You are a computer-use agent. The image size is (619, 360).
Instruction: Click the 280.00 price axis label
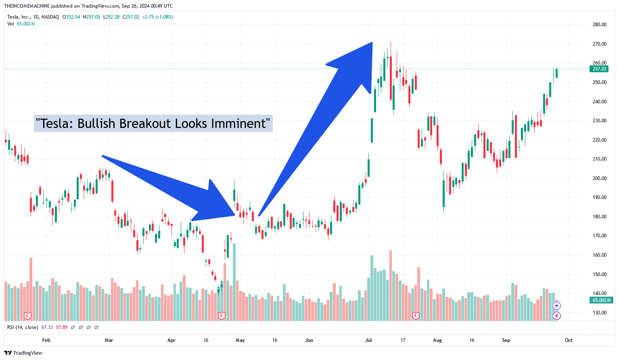click(x=599, y=25)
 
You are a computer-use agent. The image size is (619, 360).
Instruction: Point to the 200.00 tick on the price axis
click(x=599, y=178)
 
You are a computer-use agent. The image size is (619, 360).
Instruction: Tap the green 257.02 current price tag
click(x=599, y=69)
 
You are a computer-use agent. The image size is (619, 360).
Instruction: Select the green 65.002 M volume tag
click(x=602, y=300)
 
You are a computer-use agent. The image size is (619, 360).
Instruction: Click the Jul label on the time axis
click(x=368, y=340)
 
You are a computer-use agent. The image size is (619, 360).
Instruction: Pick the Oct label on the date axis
click(x=569, y=340)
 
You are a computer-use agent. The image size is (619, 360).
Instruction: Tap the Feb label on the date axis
click(x=46, y=340)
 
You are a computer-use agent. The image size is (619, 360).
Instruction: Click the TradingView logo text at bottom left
click(x=27, y=353)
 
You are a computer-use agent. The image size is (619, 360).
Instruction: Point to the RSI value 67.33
click(x=47, y=327)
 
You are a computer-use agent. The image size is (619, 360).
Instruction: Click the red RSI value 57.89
click(x=62, y=327)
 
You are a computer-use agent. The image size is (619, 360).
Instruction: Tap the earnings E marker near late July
click(x=416, y=316)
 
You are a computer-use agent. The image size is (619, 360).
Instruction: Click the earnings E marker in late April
click(x=221, y=316)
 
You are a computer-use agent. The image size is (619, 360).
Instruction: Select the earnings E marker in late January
click(x=28, y=316)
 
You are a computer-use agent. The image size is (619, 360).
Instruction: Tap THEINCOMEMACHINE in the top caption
click(x=27, y=6)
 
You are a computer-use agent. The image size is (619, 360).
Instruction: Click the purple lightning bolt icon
click(x=556, y=316)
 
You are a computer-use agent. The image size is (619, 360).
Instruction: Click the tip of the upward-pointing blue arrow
click(x=371, y=43)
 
